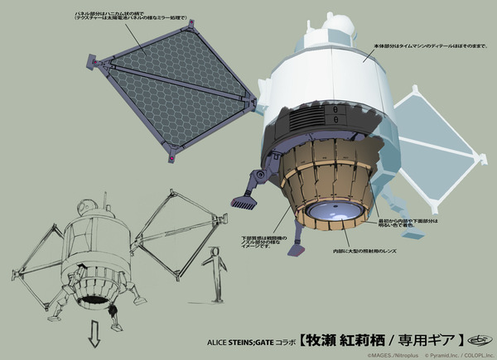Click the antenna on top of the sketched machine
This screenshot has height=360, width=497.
pos(104,199)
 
